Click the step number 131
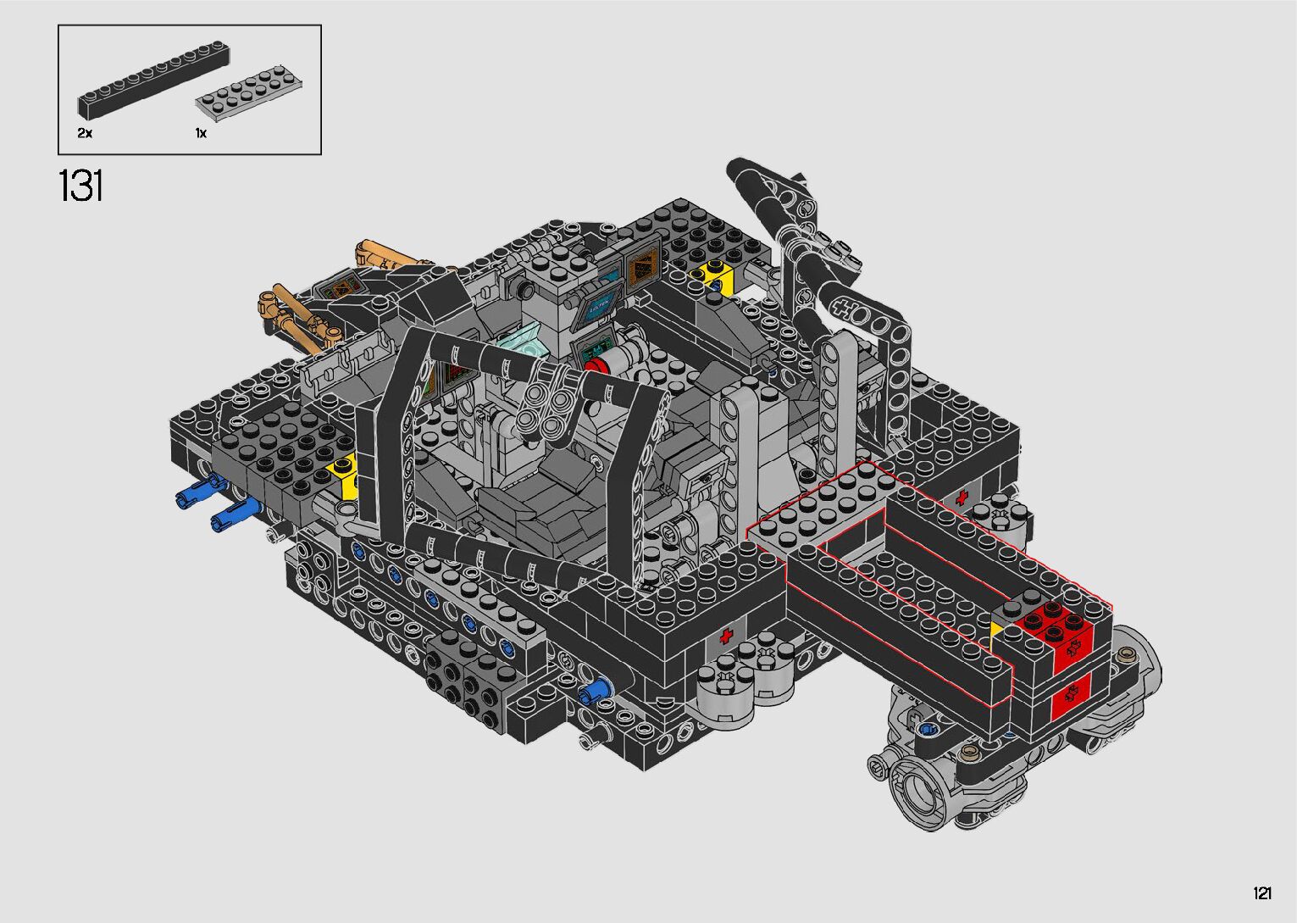pyautogui.click(x=81, y=186)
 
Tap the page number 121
pyautogui.click(x=1262, y=892)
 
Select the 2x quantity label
pyautogui.click(x=85, y=133)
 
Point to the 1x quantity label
pyautogui.click(x=201, y=133)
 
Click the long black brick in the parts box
pyautogui.click(x=154, y=77)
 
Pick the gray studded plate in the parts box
pyautogui.click(x=249, y=92)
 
